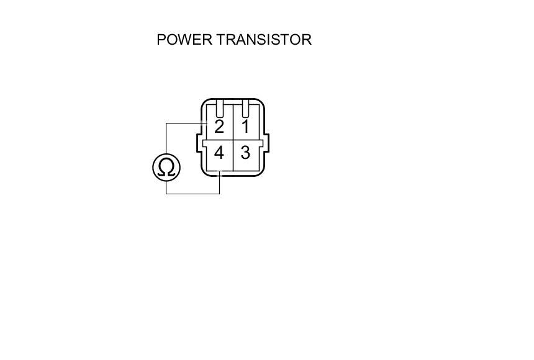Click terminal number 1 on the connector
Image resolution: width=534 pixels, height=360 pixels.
[x=245, y=127]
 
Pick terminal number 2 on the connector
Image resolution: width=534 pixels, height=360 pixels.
[x=219, y=127]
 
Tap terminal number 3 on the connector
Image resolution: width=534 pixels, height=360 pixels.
[x=245, y=153]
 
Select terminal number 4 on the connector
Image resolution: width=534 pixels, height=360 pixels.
[x=219, y=153]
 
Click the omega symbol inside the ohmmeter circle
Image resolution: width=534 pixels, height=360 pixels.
[x=166, y=168]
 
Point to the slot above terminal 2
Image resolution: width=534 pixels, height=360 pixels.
[x=219, y=110]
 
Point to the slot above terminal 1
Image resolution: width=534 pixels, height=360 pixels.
[x=245, y=110]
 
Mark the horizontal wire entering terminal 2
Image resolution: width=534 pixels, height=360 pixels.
[x=186, y=123]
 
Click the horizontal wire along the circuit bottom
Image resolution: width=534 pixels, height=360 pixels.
[x=192, y=194]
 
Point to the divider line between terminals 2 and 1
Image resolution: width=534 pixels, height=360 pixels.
[x=232, y=124]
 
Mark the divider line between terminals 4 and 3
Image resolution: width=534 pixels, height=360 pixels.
[x=232, y=158]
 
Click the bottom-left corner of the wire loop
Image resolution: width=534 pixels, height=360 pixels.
[x=166, y=194]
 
